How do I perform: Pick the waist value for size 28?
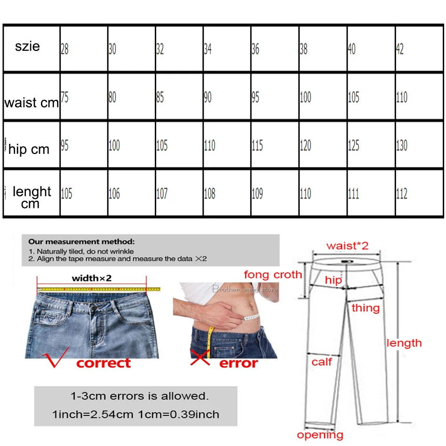point(64,97)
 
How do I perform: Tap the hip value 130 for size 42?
point(401,145)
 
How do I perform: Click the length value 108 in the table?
point(209,193)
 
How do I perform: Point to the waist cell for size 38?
point(305,97)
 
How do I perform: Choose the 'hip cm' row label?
point(29,150)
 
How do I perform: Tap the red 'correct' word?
point(104,363)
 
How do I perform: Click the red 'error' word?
point(238,363)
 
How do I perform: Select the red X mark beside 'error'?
point(200,358)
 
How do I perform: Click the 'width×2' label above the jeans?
point(91,278)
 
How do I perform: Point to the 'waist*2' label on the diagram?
point(347,245)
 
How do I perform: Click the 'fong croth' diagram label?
point(273,274)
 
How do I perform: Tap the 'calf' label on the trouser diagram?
point(322,361)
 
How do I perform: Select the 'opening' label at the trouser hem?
point(320,435)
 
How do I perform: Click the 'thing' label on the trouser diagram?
point(366,308)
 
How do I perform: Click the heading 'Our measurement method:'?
point(81,241)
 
